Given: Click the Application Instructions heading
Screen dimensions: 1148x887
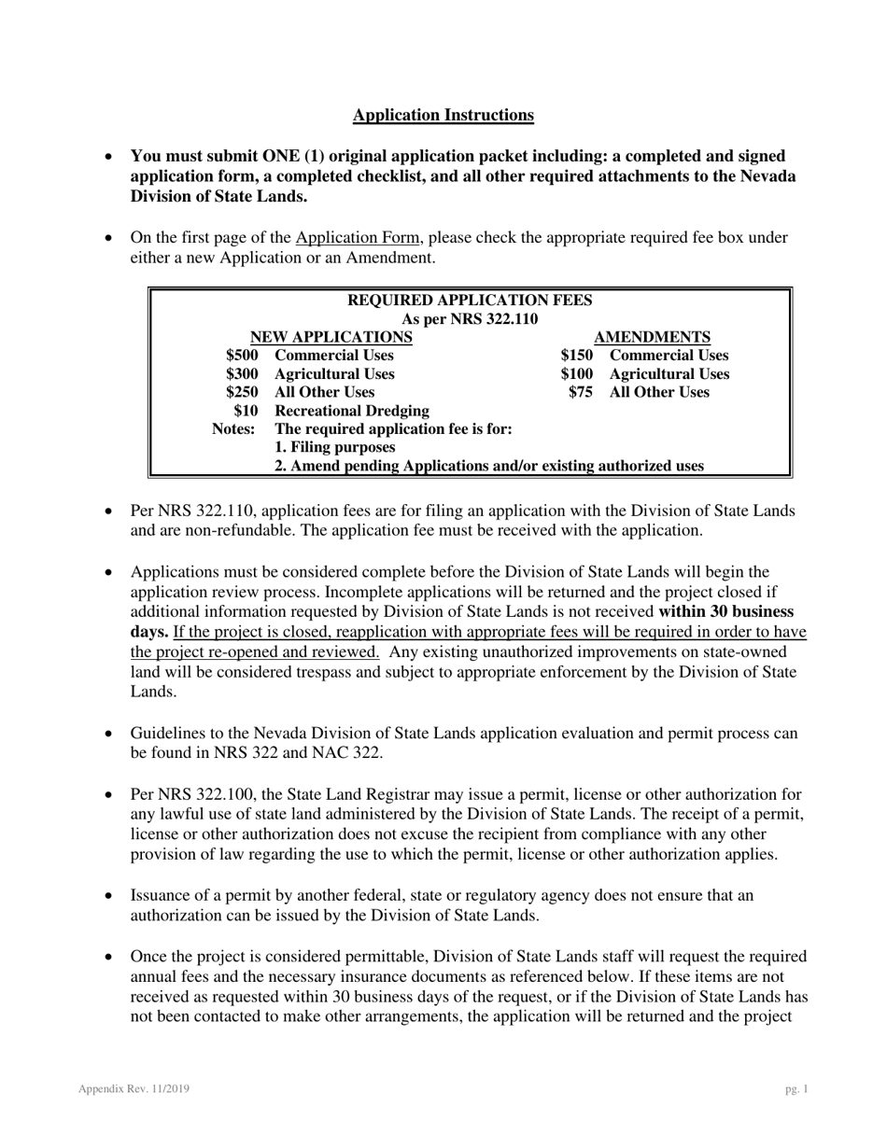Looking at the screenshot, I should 443,115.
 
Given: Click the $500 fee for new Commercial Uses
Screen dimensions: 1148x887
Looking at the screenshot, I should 242,356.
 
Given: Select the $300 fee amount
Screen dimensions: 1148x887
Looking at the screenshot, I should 242,374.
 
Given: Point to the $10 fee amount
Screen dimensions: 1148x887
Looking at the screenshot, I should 246,411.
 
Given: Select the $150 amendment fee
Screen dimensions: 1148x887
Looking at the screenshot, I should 576,356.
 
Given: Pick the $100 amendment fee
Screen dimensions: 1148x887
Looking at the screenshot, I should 576,374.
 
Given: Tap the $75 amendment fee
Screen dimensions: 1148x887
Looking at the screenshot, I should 581,392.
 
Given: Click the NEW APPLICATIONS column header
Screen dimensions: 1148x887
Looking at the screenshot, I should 331,337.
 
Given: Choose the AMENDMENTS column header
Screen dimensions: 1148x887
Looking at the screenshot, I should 652,337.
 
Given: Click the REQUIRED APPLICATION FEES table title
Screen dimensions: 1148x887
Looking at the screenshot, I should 470,301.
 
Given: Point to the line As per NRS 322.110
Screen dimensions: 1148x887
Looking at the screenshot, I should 470,319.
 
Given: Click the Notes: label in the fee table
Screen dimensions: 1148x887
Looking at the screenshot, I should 233,429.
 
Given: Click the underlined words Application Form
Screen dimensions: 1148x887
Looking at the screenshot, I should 358,237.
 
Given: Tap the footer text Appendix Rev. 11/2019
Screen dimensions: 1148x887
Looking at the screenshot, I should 135,1089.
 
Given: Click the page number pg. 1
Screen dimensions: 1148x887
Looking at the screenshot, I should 796,1089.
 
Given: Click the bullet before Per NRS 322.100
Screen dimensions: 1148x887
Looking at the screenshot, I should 110,796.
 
